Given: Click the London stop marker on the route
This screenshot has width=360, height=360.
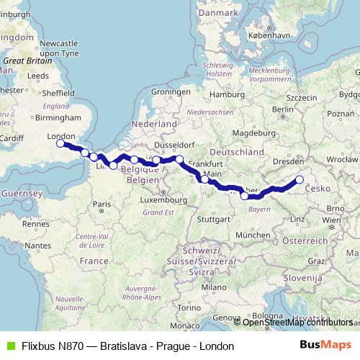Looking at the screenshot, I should (61, 144).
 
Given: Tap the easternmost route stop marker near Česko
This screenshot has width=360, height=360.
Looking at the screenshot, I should (300, 180).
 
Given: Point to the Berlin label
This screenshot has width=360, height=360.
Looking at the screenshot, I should (283, 109).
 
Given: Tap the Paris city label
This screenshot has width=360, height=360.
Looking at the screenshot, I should (100, 204).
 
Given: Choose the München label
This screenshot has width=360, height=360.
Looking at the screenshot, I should (251, 235).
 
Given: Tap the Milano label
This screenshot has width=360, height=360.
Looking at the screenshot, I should (210, 287).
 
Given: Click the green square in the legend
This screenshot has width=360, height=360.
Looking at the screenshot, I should (9, 346).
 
